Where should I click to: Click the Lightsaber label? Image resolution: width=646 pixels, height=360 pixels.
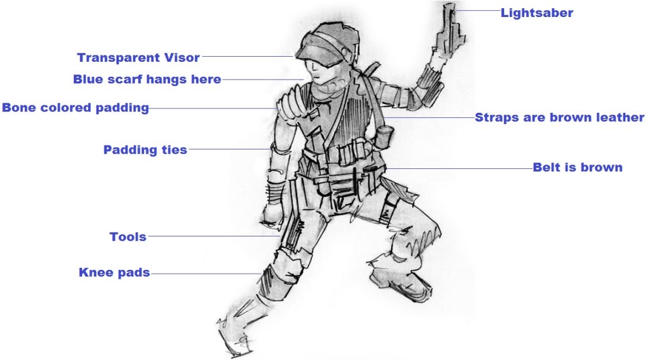coord(536,13)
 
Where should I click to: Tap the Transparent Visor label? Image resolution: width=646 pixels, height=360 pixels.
coord(138,57)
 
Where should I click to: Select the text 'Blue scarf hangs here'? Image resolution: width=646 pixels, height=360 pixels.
coord(147,79)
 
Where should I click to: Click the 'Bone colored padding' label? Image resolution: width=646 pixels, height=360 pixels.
coord(76,108)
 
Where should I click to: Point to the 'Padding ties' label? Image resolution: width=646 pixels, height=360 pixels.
coord(145,149)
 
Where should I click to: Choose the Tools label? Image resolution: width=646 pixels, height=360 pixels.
coord(127,237)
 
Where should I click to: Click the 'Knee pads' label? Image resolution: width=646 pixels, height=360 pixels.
coord(114,272)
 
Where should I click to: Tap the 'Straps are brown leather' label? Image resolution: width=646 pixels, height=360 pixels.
coord(559,117)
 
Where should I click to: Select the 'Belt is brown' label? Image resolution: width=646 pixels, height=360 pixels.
coord(577,167)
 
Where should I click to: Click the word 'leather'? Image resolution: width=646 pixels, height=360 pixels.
coord(620,117)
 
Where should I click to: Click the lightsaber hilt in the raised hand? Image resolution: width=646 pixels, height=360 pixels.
coord(450,30)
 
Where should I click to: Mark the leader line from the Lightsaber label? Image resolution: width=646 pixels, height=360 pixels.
coord(478,11)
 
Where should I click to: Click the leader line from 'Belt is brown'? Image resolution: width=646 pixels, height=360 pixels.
coord(459,168)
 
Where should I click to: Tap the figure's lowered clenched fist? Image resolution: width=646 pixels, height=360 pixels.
coord(273,215)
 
